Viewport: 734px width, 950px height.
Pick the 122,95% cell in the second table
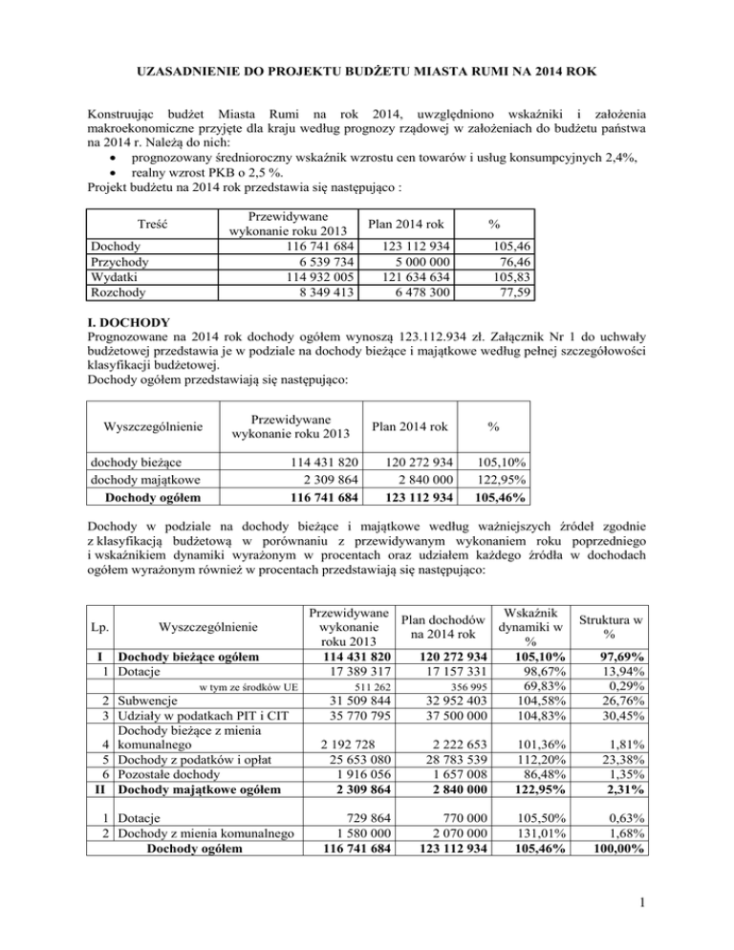(x=490, y=481)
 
